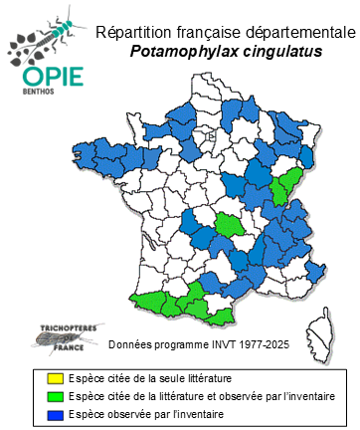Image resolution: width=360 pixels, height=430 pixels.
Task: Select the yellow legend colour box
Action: pos(37,379)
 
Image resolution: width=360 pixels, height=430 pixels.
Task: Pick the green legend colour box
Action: pos(37,396)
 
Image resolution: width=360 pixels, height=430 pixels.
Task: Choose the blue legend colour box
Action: pos(37,413)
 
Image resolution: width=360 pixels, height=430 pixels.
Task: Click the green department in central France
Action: pos(230,221)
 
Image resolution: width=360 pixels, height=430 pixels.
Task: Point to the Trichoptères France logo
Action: pos(59,337)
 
